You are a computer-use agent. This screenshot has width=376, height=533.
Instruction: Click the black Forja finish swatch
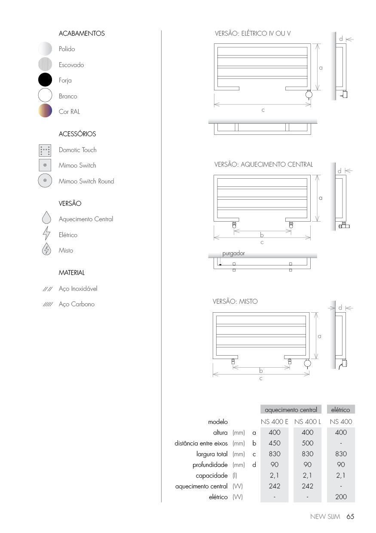click(45, 80)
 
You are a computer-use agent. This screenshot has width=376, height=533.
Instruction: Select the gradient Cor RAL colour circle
click(45, 111)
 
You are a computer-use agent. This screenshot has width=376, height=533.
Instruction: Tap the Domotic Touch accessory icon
click(45, 150)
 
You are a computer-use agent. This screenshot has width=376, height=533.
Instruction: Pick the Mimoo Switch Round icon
click(45, 181)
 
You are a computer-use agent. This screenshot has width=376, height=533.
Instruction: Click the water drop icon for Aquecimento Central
click(46, 218)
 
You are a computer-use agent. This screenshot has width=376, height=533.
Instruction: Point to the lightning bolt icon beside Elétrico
click(46, 235)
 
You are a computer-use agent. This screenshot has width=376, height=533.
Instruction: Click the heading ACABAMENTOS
click(82, 33)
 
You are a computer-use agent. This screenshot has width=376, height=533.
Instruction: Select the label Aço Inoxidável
click(78, 289)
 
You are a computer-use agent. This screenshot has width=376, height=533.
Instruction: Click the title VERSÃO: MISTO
click(235, 302)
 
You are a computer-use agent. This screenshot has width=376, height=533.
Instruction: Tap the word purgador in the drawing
click(233, 253)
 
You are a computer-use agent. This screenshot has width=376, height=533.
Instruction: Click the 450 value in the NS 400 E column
click(274, 443)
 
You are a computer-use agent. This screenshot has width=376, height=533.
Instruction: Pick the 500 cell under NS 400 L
click(308, 443)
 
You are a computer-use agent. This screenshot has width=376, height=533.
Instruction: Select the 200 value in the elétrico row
click(341, 497)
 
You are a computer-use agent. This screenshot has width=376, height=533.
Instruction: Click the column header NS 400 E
click(275, 422)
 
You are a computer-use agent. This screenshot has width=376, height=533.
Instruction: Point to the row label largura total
click(212, 454)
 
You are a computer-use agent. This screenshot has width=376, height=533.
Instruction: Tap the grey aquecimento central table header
click(291, 410)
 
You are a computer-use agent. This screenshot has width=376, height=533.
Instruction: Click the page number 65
click(350, 517)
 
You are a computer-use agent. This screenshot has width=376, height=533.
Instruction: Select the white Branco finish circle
click(45, 96)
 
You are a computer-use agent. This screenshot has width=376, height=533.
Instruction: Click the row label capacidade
click(212, 475)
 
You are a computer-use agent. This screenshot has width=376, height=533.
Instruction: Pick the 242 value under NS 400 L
click(308, 486)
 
